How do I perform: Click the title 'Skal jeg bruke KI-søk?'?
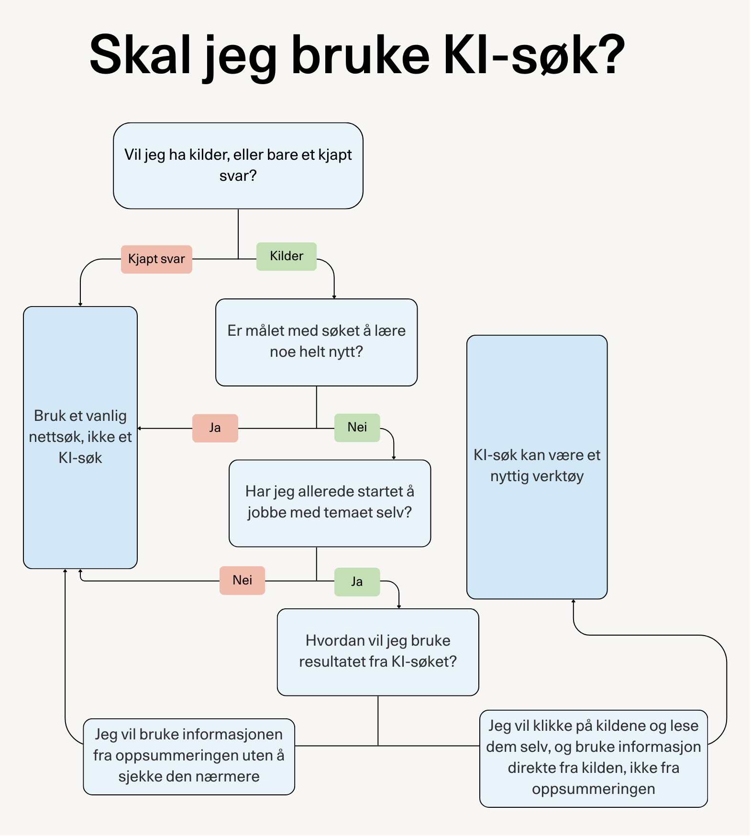tap(357, 55)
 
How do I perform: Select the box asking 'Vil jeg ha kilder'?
tap(238, 165)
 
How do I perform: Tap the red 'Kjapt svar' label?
tap(156, 259)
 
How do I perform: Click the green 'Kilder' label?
tap(286, 256)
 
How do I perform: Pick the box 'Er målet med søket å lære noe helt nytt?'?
tap(316, 342)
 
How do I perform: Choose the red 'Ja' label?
tap(215, 428)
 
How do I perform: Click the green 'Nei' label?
tap(357, 428)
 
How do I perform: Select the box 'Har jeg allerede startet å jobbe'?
tap(330, 503)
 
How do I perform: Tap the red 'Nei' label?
tap(242, 580)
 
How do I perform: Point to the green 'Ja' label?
tap(357, 582)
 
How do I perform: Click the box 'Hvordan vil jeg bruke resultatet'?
tap(378, 651)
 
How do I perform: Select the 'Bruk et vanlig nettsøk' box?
tap(80, 437)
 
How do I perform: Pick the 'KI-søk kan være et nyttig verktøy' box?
tap(537, 466)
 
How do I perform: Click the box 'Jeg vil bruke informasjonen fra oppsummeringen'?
tap(189, 756)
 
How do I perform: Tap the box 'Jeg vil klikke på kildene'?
tap(593, 758)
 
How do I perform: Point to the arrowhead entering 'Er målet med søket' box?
tap(334, 297)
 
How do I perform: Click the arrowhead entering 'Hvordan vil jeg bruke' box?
tap(399, 606)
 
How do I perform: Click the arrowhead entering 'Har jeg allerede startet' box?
tap(394, 457)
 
